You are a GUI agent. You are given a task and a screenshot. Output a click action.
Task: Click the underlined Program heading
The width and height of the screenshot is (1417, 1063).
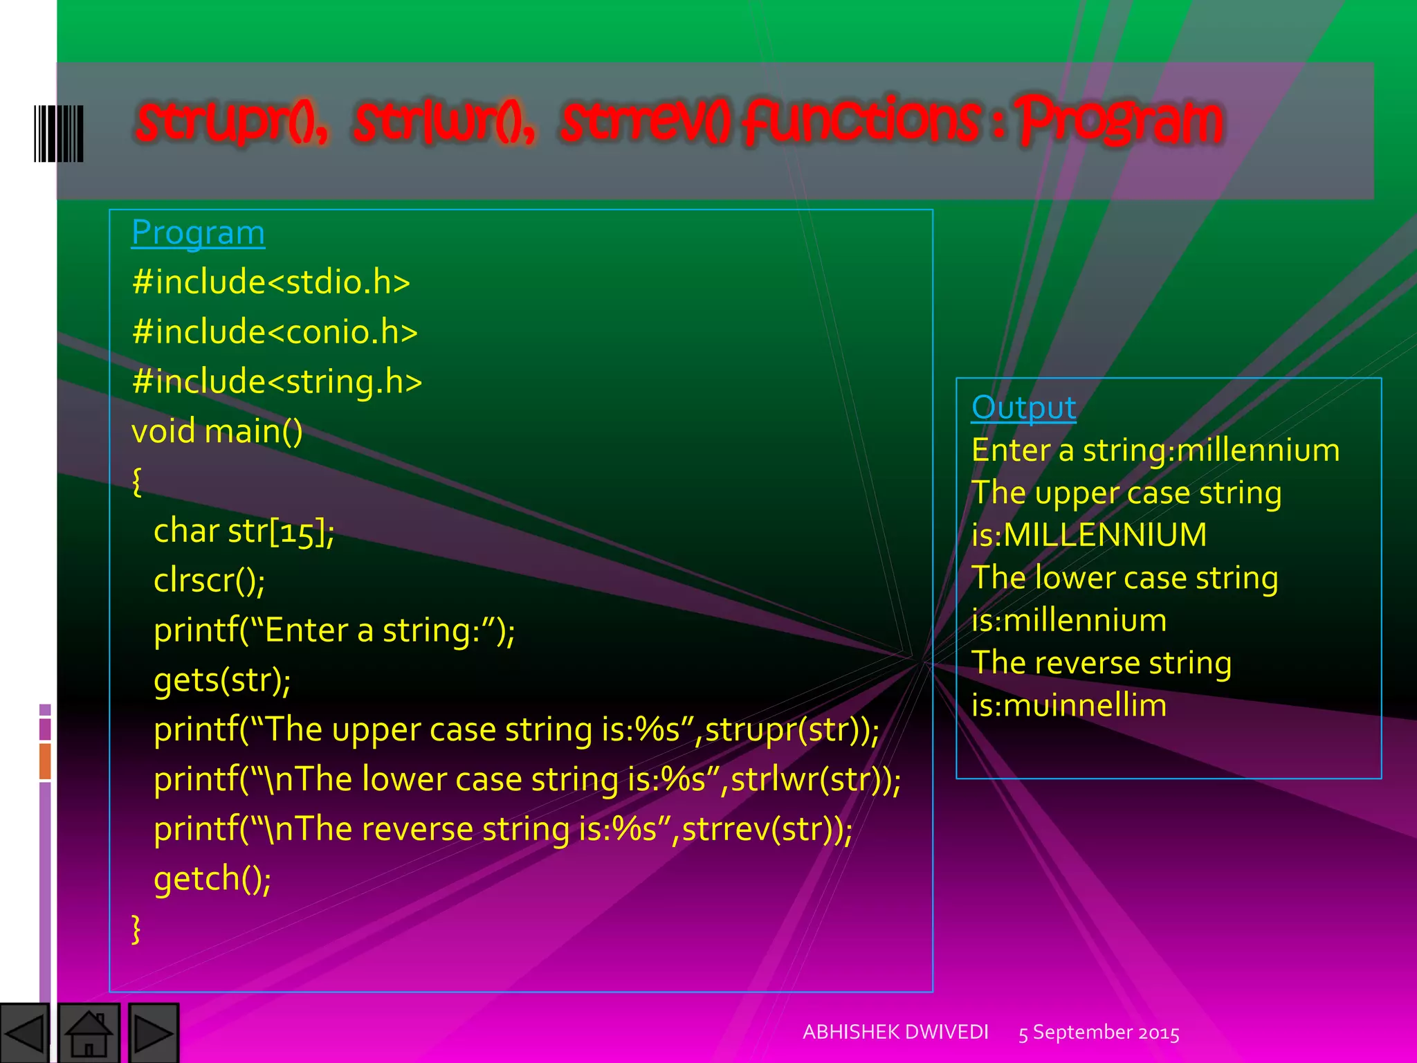tap(198, 233)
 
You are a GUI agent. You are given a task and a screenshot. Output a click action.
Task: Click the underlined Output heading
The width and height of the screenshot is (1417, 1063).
tap(1023, 408)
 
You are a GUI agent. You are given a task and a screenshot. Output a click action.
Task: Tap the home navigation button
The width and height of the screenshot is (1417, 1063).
tap(89, 1033)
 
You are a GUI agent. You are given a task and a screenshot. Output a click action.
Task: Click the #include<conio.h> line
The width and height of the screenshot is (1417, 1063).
tap(275, 331)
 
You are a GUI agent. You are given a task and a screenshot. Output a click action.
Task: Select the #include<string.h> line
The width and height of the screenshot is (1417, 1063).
tap(277, 381)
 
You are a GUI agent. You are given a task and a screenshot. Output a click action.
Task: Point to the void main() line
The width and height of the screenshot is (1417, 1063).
tap(217, 431)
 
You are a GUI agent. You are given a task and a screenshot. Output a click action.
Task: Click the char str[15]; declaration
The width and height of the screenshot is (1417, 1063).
tap(244, 531)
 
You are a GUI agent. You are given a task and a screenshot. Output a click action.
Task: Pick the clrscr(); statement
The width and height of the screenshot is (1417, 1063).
tap(209, 581)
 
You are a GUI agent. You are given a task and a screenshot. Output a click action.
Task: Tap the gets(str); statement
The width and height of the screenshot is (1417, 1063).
tap(222, 680)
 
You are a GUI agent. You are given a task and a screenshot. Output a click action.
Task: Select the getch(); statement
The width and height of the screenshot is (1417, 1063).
tap(212, 879)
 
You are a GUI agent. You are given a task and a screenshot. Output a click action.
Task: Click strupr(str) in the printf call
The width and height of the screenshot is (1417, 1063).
tap(785, 730)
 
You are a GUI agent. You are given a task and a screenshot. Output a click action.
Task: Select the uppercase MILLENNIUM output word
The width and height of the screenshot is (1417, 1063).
tap(1105, 535)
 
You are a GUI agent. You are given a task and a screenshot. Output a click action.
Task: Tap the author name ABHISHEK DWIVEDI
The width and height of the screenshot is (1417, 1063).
tap(895, 1033)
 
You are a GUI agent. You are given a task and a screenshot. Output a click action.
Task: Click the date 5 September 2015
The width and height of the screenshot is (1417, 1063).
tap(1099, 1033)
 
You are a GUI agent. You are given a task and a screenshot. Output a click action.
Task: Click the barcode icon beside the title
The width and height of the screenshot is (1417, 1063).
tap(59, 134)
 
